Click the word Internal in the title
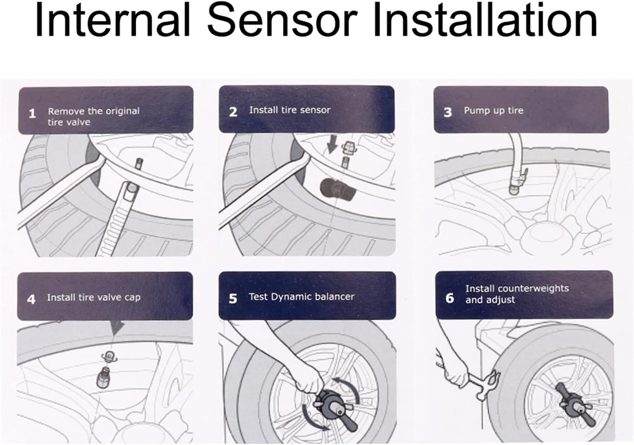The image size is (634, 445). (113, 20)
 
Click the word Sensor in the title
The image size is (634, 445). (282, 20)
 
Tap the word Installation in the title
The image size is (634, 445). (486, 20)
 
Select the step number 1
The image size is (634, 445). (32, 114)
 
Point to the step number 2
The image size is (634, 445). (233, 112)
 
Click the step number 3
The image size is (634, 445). (448, 112)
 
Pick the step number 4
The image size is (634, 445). (31, 299)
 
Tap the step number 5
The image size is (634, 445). (233, 298)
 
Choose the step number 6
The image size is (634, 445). (450, 298)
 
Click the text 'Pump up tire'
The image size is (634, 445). (494, 110)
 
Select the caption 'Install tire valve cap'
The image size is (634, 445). (94, 298)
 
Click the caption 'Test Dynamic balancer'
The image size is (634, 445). (302, 297)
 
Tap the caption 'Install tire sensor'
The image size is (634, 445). (290, 110)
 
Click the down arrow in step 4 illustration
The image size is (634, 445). (117, 328)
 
